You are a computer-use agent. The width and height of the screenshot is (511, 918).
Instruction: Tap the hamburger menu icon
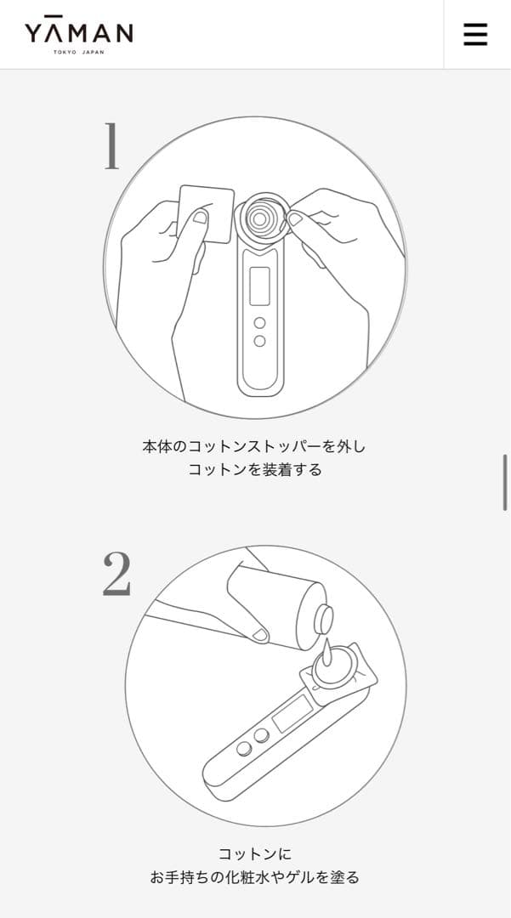(475, 34)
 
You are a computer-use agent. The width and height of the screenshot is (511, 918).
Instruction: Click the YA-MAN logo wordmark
(78, 32)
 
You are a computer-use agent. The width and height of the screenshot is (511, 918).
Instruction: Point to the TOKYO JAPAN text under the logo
(78, 52)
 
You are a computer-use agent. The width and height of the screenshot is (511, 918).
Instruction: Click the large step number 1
(111, 146)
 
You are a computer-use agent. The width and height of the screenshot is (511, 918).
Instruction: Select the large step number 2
(116, 574)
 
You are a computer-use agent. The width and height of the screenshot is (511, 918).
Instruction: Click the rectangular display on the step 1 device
(259, 286)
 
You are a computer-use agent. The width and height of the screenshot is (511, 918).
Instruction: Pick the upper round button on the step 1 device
(259, 323)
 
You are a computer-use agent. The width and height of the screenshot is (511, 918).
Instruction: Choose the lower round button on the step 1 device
(259, 341)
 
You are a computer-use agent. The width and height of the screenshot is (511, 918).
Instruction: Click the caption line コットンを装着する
(255, 469)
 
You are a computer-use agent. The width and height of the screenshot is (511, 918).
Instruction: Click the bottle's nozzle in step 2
(324, 620)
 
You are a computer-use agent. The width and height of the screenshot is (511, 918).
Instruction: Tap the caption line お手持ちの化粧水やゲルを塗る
(254, 877)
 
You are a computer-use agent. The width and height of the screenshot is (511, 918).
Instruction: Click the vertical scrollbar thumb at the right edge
(506, 482)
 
